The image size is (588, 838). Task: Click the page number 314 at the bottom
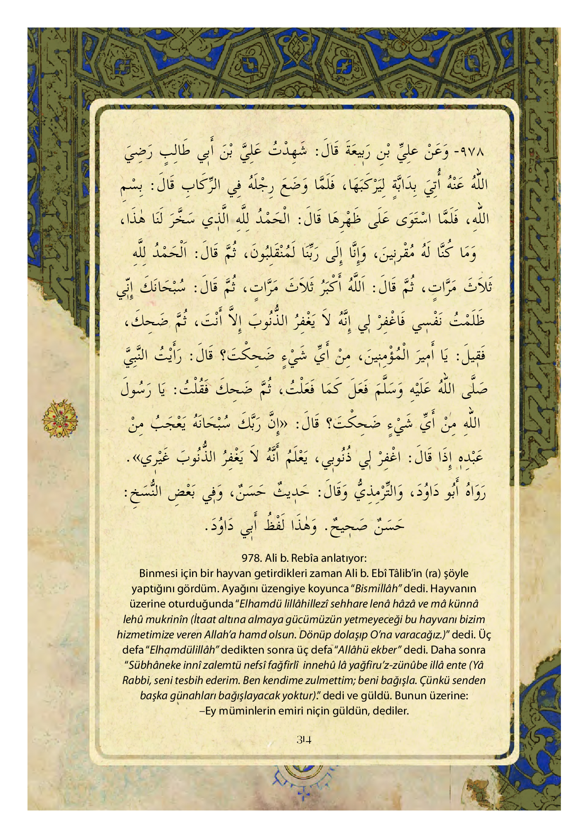tap(304, 739)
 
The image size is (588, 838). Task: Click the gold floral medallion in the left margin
tap(60, 418)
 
